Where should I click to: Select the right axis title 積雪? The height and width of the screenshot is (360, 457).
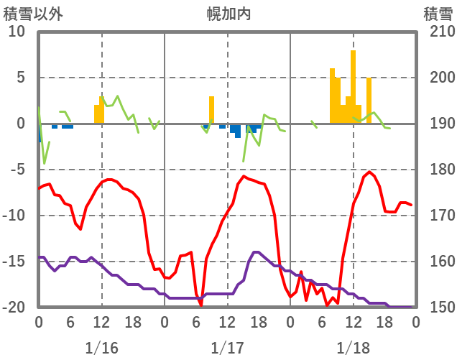pyautogui.click(x=438, y=14)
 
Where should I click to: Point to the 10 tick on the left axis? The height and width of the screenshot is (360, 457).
pyautogui.click(x=17, y=32)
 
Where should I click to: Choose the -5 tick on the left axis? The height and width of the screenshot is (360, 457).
pyautogui.click(x=17, y=170)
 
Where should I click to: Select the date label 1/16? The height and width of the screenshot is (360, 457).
pyautogui.click(x=101, y=348)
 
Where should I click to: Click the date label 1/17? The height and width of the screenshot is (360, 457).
pyautogui.click(x=228, y=348)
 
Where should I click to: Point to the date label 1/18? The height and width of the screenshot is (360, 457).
pyautogui.click(x=353, y=348)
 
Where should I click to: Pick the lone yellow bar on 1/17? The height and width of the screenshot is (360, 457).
pyautogui.click(x=212, y=109)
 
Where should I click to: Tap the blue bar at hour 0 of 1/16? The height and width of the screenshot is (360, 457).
pyautogui.click(x=40, y=132)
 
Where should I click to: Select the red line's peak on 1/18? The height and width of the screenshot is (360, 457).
pyautogui.click(x=369, y=172)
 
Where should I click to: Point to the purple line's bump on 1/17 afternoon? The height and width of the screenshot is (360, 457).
pyautogui.click(x=256, y=252)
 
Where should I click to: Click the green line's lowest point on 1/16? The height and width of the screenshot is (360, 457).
pyautogui.click(x=45, y=163)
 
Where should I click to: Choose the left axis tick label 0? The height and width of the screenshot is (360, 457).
pyautogui.click(x=21, y=124)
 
